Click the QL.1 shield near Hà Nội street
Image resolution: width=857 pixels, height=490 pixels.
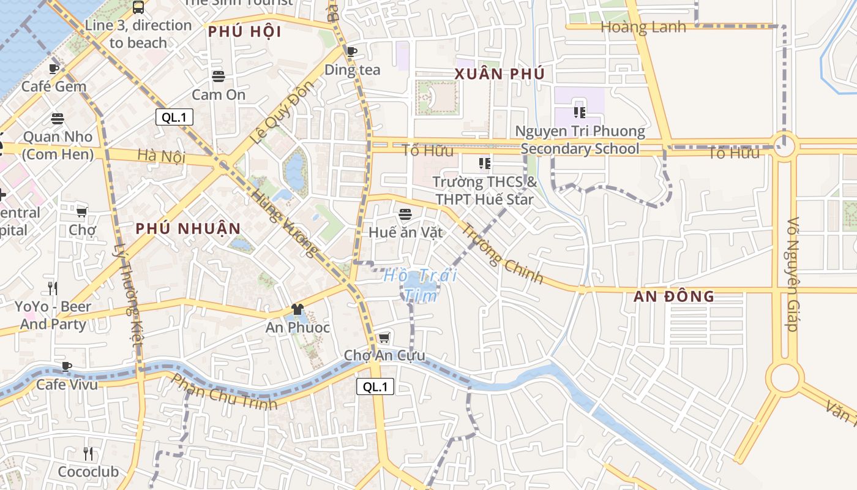(x=174, y=118)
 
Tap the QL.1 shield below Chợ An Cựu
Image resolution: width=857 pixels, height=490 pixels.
(x=375, y=386)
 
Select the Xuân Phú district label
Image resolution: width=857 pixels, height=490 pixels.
(x=500, y=74)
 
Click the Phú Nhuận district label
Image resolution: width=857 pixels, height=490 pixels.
(x=189, y=229)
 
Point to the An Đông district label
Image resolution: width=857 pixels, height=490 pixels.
(x=674, y=296)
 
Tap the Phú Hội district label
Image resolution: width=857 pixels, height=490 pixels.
(x=245, y=32)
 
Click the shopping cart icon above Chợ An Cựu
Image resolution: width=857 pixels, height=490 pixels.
(x=384, y=338)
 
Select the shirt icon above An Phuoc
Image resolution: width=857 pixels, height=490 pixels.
(x=298, y=309)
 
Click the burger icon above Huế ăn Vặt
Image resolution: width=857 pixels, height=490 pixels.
(x=405, y=214)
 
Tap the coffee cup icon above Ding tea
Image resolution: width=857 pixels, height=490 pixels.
(x=351, y=51)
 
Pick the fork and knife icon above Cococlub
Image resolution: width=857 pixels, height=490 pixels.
(x=88, y=454)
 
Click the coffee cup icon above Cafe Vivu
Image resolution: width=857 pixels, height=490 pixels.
(x=67, y=366)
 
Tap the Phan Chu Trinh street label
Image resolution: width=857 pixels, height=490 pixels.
(x=224, y=392)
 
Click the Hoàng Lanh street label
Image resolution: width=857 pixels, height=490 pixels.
(x=643, y=27)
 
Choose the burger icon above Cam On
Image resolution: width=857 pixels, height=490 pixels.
(x=219, y=77)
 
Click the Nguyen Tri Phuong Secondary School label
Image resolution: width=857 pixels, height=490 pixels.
(x=580, y=140)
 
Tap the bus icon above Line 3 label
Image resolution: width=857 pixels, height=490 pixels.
(x=138, y=7)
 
